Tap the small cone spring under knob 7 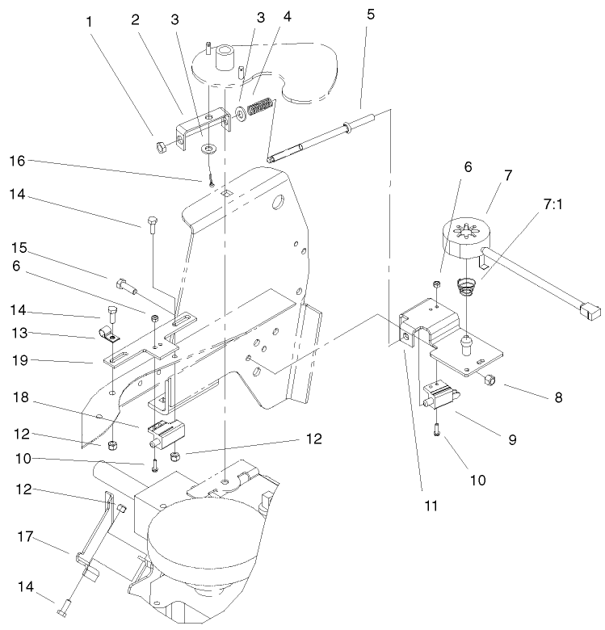tap(464, 285)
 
